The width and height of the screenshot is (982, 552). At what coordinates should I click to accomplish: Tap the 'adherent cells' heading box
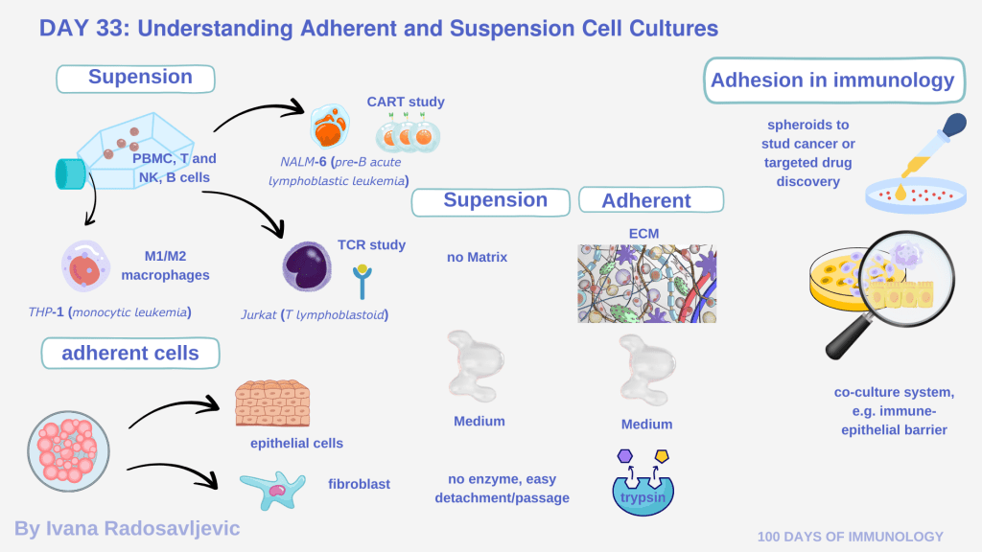click(130, 353)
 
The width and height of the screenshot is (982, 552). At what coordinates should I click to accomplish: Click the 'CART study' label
click(406, 102)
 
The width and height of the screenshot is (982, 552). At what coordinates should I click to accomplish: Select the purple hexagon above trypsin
click(625, 455)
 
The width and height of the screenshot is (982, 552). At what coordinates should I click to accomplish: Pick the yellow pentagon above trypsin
click(661, 455)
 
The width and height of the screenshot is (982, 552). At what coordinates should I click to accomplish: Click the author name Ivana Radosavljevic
click(128, 528)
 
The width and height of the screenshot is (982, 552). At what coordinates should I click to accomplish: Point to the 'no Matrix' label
click(477, 257)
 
